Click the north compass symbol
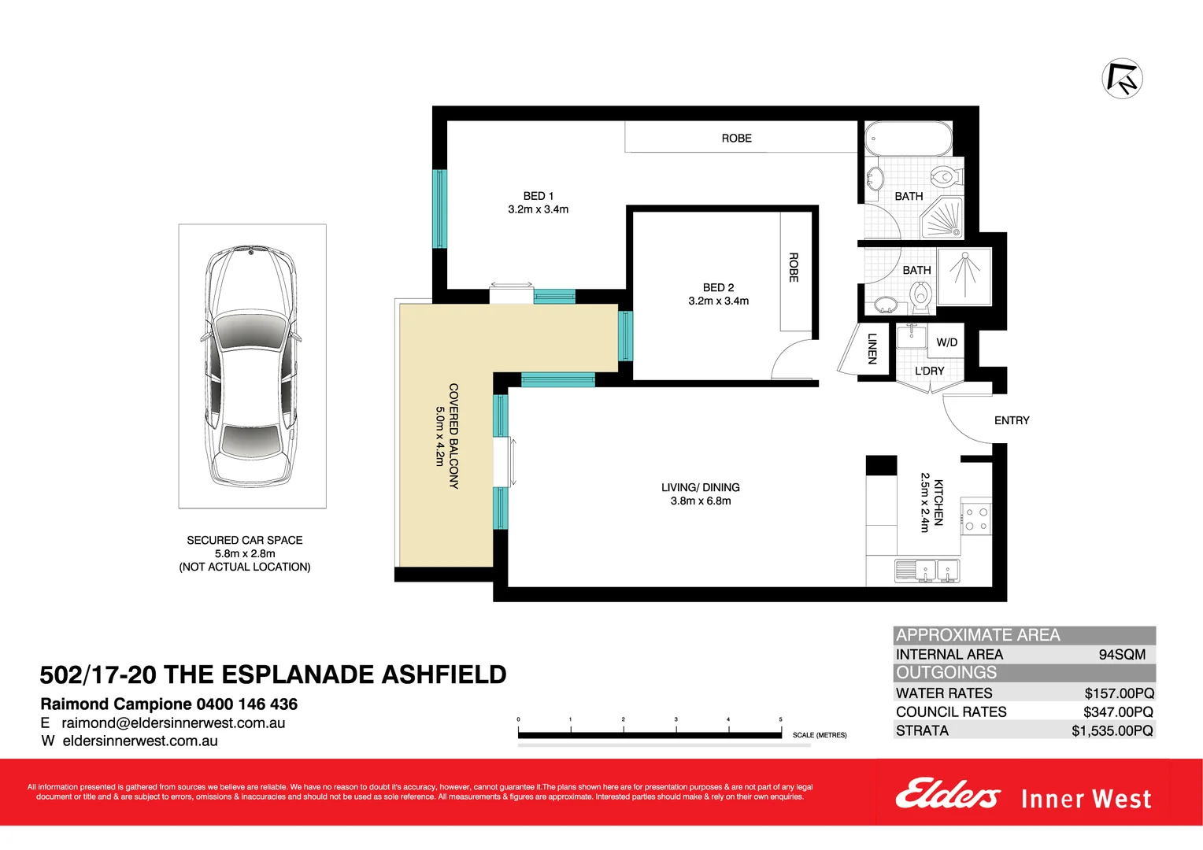point(1122,78)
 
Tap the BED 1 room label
point(539,196)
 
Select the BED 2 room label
point(718,288)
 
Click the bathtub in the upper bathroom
point(908,139)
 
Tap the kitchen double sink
point(927,570)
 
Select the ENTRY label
point(1012,420)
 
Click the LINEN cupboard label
point(872,349)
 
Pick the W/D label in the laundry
point(946,342)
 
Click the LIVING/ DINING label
point(700,488)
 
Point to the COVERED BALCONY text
point(453,436)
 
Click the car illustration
point(252,366)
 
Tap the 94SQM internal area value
point(1122,655)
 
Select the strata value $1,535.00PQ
point(1112,731)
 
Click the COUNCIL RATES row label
point(951,712)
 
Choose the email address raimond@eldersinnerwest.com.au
point(173,723)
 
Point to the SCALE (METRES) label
point(820,735)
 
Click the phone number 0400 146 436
point(246,704)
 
